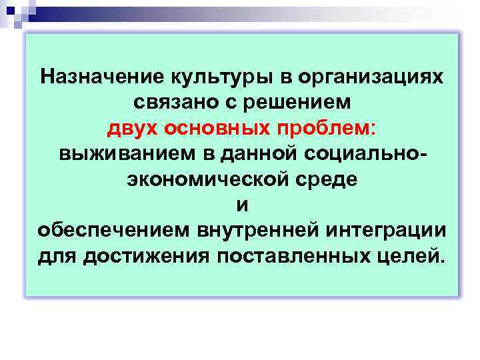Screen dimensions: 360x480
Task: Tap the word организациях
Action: point(365,77)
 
